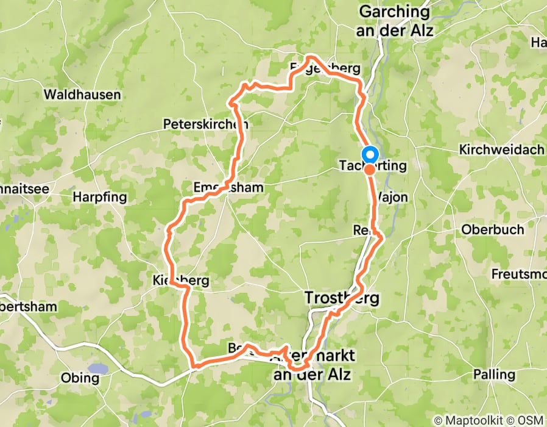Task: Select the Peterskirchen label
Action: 205,124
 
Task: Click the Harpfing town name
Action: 99,197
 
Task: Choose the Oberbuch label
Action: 493,230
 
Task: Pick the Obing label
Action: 80,378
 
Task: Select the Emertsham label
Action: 228,187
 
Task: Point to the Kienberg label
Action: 181,281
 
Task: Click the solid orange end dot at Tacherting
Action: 370,170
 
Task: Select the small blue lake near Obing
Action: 97,368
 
